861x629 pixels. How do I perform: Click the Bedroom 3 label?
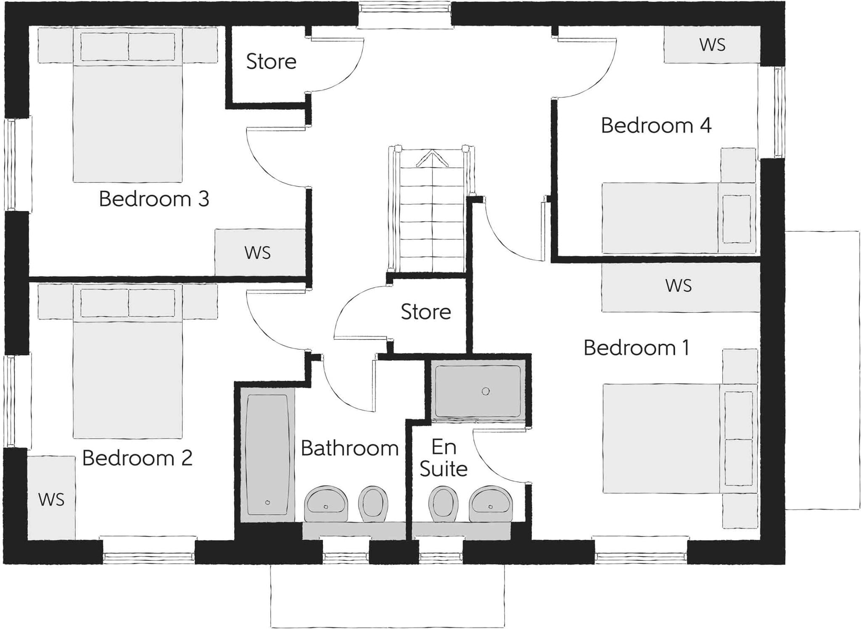[x=154, y=199]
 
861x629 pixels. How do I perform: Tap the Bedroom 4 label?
[x=656, y=125]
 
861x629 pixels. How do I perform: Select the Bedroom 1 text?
[x=637, y=348]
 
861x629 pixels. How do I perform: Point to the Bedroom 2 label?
[x=137, y=458]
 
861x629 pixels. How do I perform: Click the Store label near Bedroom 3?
[x=271, y=61]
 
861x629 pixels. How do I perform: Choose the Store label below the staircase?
[x=426, y=312]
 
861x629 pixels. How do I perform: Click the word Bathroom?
[x=350, y=448]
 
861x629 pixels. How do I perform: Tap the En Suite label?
[x=444, y=458]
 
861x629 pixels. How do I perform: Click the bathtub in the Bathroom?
[x=267, y=455]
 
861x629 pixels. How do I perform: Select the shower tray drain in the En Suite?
[x=486, y=391]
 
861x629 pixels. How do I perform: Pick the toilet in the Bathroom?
[x=373, y=504]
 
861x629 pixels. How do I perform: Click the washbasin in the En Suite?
[x=491, y=504]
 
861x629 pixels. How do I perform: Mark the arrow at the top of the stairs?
[x=432, y=159]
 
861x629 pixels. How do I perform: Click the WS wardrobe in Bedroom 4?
[x=712, y=45]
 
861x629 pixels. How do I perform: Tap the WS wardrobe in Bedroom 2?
[x=51, y=498]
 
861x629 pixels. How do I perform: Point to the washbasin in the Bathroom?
[x=326, y=504]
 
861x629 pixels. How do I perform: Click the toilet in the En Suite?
[x=444, y=504]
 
